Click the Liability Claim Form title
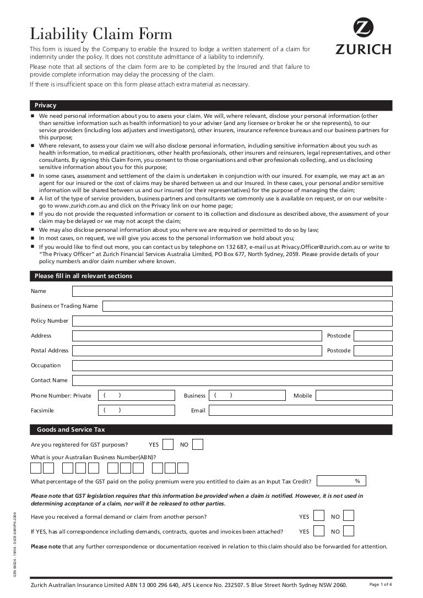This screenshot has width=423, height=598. click(x=101, y=34)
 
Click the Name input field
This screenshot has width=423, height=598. click(x=232, y=291)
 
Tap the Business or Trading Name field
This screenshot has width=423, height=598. click(x=247, y=306)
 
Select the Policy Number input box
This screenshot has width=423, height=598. click(x=232, y=321)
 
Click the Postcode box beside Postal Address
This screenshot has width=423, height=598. click(x=373, y=351)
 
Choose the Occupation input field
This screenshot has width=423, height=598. click(x=232, y=366)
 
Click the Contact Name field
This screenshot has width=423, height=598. click(x=232, y=380)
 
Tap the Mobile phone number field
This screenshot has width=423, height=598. click(x=354, y=395)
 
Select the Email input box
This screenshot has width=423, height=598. click(x=300, y=410)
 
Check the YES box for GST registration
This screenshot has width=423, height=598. click(x=169, y=444)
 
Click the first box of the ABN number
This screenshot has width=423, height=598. click(x=36, y=468)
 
